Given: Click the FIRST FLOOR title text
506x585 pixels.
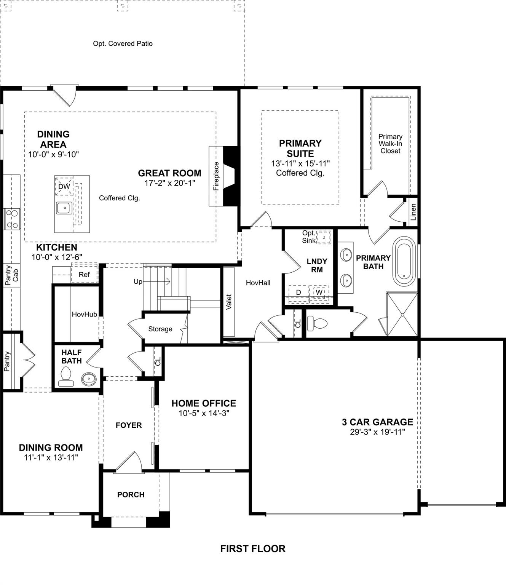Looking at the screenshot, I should click(x=253, y=548).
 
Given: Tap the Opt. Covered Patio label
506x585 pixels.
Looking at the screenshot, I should click(x=123, y=44).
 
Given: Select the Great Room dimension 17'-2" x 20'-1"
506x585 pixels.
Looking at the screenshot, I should click(x=169, y=183).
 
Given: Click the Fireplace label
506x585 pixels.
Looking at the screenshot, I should click(x=216, y=176).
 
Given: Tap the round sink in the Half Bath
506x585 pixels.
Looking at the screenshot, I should click(x=89, y=379).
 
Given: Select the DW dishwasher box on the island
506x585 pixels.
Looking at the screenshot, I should click(x=64, y=186).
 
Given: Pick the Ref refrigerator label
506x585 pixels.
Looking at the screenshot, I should click(x=84, y=275).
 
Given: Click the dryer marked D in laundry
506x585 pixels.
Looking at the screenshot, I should click(x=298, y=292).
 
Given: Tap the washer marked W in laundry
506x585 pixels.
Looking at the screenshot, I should click(x=319, y=292).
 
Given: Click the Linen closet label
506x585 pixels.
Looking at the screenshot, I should click(x=413, y=212).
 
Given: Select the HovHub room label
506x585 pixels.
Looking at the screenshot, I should click(x=84, y=315).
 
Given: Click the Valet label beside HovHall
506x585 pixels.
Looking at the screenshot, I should click(x=229, y=302).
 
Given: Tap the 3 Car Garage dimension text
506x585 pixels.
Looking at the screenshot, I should click(x=377, y=432).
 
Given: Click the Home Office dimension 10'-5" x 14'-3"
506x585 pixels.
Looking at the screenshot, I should click(x=204, y=413).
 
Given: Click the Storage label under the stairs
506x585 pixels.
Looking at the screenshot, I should click(x=160, y=329).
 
